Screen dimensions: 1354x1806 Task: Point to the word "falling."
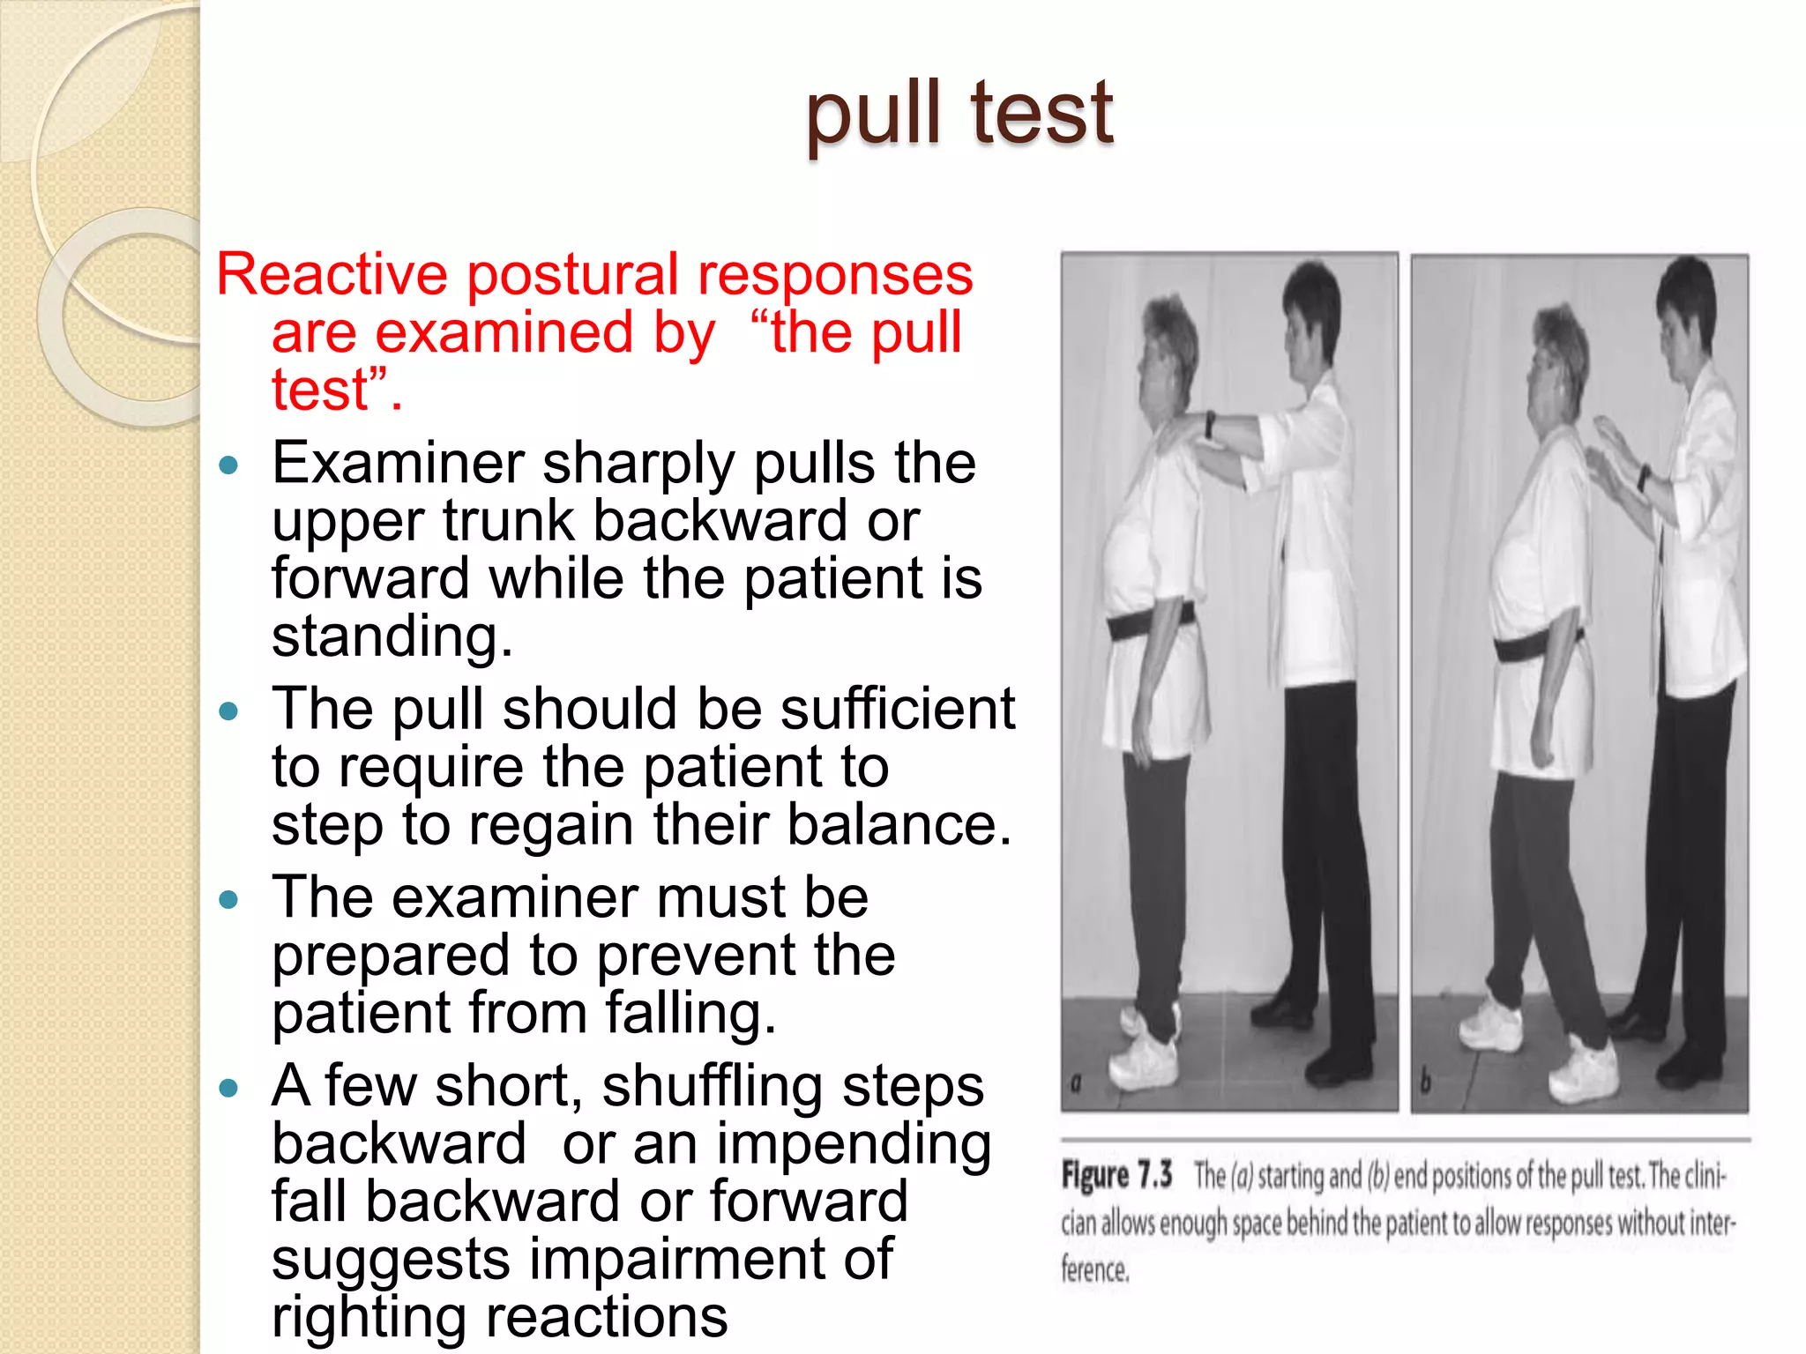click(x=690, y=1013)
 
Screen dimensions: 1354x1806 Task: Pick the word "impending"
click(x=853, y=1145)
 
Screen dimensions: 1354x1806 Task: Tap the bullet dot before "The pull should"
click(x=229, y=710)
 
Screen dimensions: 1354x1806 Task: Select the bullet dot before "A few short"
click(x=229, y=1088)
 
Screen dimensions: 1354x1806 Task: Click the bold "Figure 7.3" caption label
click(x=1116, y=1176)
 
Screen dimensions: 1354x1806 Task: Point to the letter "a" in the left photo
click(x=1076, y=1083)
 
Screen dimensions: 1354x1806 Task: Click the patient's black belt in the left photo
click(x=1146, y=622)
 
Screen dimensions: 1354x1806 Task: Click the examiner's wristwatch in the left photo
click(x=1211, y=424)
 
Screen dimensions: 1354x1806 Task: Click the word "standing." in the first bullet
click(x=392, y=636)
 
